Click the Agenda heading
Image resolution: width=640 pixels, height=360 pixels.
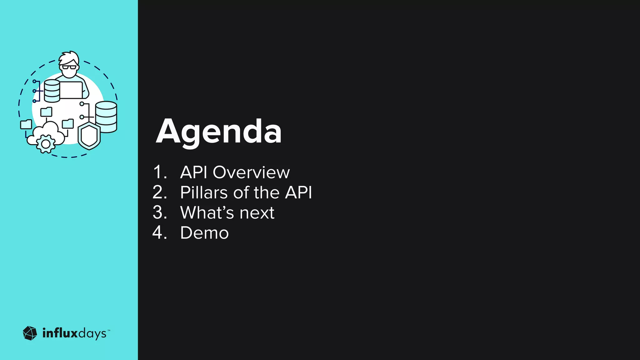(219, 131)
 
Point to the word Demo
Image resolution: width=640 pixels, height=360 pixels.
(204, 233)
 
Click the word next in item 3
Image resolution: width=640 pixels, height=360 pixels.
(257, 213)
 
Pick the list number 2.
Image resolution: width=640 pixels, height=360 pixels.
(159, 192)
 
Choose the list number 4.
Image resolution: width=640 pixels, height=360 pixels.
(159, 233)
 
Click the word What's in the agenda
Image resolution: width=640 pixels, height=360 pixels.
(207, 213)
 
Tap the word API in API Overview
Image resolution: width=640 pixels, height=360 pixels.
(193, 172)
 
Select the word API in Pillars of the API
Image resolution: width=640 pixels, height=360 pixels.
(298, 192)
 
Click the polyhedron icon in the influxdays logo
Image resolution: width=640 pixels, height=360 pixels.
(30, 333)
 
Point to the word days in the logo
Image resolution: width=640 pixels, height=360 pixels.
(92, 334)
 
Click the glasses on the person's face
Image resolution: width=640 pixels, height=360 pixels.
(69, 67)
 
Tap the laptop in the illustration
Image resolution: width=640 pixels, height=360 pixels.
(71, 90)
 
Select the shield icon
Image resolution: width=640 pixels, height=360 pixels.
(89, 136)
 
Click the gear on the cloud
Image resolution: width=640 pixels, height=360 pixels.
(46, 144)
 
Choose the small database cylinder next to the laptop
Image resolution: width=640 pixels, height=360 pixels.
(52, 91)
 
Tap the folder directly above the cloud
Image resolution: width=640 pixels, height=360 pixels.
(47, 112)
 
